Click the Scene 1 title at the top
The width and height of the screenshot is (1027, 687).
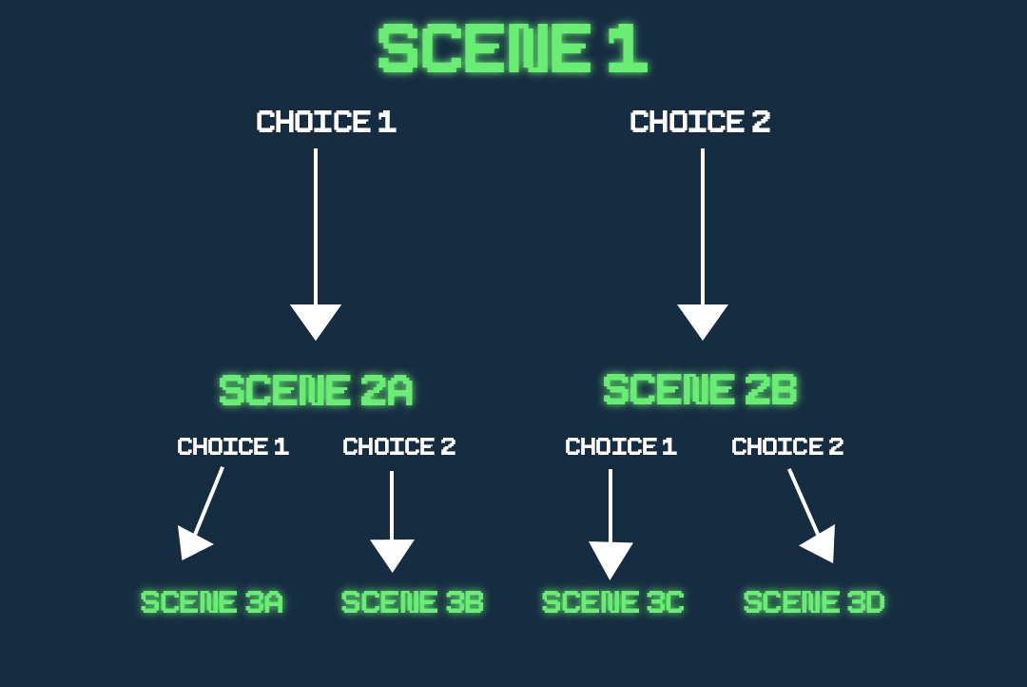[x=513, y=48]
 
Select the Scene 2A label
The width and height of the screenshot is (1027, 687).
[x=316, y=390]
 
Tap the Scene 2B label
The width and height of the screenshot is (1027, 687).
[x=700, y=389]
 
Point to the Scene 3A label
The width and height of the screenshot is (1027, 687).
[x=211, y=601]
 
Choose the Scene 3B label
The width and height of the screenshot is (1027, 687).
[x=412, y=601]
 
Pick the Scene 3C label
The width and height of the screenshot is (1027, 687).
[x=613, y=601]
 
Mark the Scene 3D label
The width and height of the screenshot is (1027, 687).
[x=814, y=601]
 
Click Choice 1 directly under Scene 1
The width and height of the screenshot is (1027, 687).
[x=326, y=122]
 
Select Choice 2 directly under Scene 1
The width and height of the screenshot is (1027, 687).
[x=700, y=122]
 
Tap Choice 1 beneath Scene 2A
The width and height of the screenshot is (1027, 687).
[x=233, y=446]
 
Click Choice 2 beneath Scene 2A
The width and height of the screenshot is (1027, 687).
[x=398, y=446]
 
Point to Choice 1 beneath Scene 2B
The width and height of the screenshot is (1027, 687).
[x=621, y=446]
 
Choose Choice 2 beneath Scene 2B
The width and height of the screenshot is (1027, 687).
[x=787, y=446]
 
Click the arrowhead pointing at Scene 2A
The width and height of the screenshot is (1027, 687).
[x=316, y=320]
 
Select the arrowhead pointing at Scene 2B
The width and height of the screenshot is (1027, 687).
[x=703, y=320]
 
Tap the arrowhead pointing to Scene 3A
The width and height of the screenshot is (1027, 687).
[x=192, y=544]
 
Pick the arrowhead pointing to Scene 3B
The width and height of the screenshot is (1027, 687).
[x=392, y=553]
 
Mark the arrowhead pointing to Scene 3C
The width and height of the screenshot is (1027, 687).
[x=610, y=558]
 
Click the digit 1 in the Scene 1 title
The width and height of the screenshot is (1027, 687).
[x=628, y=48]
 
